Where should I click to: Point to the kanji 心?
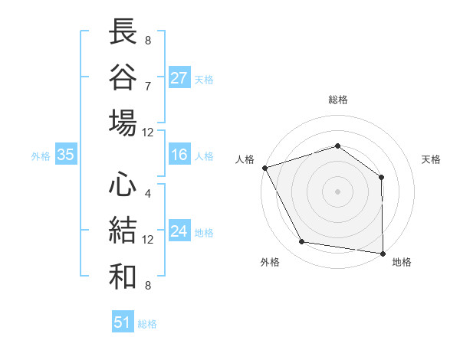(x=123, y=185)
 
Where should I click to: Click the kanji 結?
(x=123, y=231)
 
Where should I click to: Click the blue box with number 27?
(x=179, y=78)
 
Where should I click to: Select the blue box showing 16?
(x=179, y=155)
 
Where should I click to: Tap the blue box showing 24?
(x=179, y=232)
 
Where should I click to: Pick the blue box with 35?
(x=65, y=155)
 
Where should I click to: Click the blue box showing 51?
(x=123, y=322)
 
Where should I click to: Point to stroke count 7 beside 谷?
(x=147, y=85)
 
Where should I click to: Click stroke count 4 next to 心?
(x=147, y=193)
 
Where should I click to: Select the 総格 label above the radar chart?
(x=337, y=100)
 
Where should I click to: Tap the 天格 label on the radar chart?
(x=431, y=159)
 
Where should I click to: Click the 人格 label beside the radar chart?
(x=245, y=159)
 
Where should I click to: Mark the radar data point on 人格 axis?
(x=264, y=167)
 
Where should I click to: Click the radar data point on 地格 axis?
(x=383, y=253)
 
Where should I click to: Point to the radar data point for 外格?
(x=302, y=242)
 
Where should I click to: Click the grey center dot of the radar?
(x=337, y=191)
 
